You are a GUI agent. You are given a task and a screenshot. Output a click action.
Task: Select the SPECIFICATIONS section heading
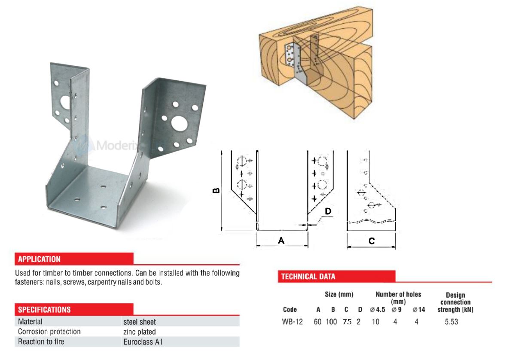44,309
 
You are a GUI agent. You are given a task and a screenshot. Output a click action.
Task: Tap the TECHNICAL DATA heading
308,277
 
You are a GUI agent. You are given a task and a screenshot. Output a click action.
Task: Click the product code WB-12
293,322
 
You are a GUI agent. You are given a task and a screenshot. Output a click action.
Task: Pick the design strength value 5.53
451,322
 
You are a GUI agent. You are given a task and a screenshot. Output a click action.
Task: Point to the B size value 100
331,322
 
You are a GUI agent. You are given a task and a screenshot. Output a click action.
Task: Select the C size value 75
347,322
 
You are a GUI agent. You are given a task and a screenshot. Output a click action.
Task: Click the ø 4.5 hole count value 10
375,322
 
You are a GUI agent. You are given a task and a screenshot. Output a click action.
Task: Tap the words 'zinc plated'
139,332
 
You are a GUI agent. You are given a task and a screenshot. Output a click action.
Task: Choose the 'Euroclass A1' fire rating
143,342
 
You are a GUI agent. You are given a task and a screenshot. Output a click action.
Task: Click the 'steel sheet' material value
139,321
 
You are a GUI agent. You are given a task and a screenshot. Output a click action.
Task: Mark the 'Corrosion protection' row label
49,332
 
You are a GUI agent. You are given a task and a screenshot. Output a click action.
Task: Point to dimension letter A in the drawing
281,241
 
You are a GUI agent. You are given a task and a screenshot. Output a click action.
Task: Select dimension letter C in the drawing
372,241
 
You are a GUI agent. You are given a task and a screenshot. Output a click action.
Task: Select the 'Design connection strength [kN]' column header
455,302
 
